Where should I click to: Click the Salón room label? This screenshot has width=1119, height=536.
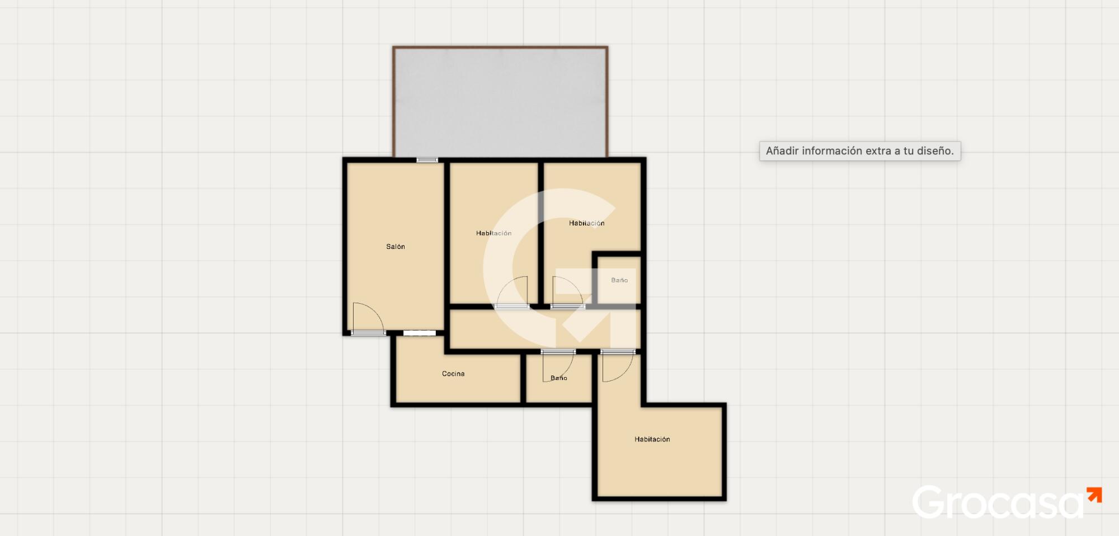[396, 247]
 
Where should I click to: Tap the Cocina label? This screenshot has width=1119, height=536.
[453, 374]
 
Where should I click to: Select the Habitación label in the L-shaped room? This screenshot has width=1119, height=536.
[652, 439]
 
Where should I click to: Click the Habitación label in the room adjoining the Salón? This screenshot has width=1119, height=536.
[494, 233]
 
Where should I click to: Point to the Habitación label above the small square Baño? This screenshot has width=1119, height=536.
[587, 223]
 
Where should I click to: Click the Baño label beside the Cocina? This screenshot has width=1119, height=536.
[559, 378]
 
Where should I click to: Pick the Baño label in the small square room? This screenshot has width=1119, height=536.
[619, 280]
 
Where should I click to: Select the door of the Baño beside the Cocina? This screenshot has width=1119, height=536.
[558, 366]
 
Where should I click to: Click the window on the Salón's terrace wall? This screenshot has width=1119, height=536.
[427, 160]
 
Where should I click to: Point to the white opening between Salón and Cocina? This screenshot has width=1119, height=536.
[420, 333]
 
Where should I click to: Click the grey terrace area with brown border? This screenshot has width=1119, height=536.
[500, 102]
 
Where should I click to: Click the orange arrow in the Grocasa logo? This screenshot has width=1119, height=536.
[1094, 495]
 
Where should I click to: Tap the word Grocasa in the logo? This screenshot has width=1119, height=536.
[999, 502]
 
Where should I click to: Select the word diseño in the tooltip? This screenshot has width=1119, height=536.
[935, 151]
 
